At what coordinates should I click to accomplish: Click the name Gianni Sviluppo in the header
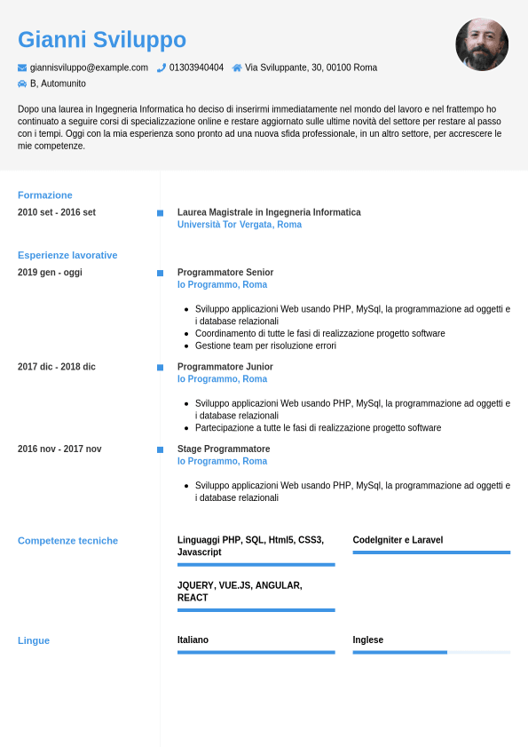coord(102,40)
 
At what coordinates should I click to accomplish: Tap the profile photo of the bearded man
coord(482,44)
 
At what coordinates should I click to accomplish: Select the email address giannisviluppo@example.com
coord(89,68)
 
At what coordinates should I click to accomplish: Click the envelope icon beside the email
coord(22,68)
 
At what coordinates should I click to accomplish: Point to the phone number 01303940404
coord(196,68)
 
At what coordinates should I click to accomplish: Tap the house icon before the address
coord(237,68)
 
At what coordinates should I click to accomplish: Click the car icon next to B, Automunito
coord(22,83)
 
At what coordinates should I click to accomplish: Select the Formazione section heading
coord(45,195)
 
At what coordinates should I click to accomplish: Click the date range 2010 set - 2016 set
coord(57,212)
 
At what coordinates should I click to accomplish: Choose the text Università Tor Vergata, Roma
coord(240,225)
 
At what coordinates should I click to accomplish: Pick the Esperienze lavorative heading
coord(67,255)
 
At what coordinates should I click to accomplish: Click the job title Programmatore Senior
coord(225,273)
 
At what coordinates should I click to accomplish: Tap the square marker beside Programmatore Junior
coord(160,367)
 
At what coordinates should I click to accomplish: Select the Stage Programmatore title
coord(224,449)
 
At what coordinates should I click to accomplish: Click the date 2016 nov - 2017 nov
coord(59,449)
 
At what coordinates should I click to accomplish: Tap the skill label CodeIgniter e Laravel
coord(398,540)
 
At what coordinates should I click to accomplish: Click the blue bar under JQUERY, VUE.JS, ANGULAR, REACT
coord(256,610)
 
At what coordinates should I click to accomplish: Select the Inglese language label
coord(368,640)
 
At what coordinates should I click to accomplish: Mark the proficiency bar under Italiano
coord(256,652)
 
